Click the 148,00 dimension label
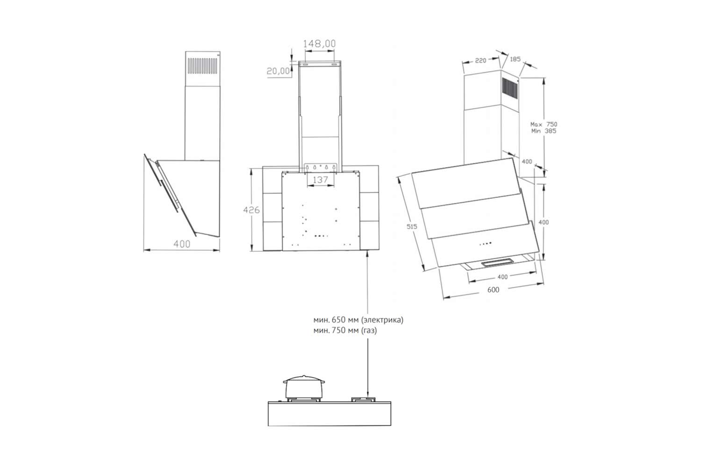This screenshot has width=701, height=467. (x=319, y=43)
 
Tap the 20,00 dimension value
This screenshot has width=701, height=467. (x=278, y=71)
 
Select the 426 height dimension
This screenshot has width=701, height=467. (x=251, y=210)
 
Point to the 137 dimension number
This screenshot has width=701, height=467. (x=320, y=180)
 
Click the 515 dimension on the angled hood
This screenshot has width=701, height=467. (x=412, y=226)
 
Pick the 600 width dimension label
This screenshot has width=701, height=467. (x=493, y=290)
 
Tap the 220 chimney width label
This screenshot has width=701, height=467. (x=480, y=60)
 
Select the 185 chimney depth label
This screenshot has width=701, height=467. (x=515, y=59)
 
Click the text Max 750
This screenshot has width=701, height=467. (x=544, y=124)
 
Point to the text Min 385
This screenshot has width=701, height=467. (x=544, y=131)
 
